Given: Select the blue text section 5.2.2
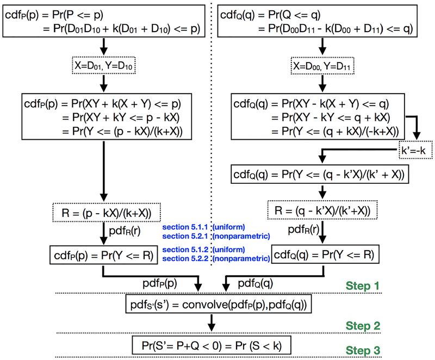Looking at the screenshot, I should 183,258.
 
